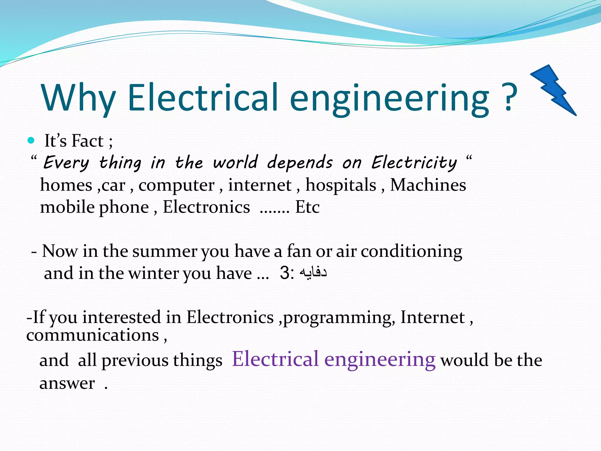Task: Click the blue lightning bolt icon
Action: (553, 90)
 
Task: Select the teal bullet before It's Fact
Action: (31, 140)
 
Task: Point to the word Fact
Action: (88, 141)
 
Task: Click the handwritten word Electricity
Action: (414, 163)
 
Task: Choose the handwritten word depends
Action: (300, 163)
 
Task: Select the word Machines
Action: (428, 185)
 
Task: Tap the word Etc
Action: (307, 207)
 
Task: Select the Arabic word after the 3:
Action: (313, 273)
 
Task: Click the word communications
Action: (93, 335)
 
